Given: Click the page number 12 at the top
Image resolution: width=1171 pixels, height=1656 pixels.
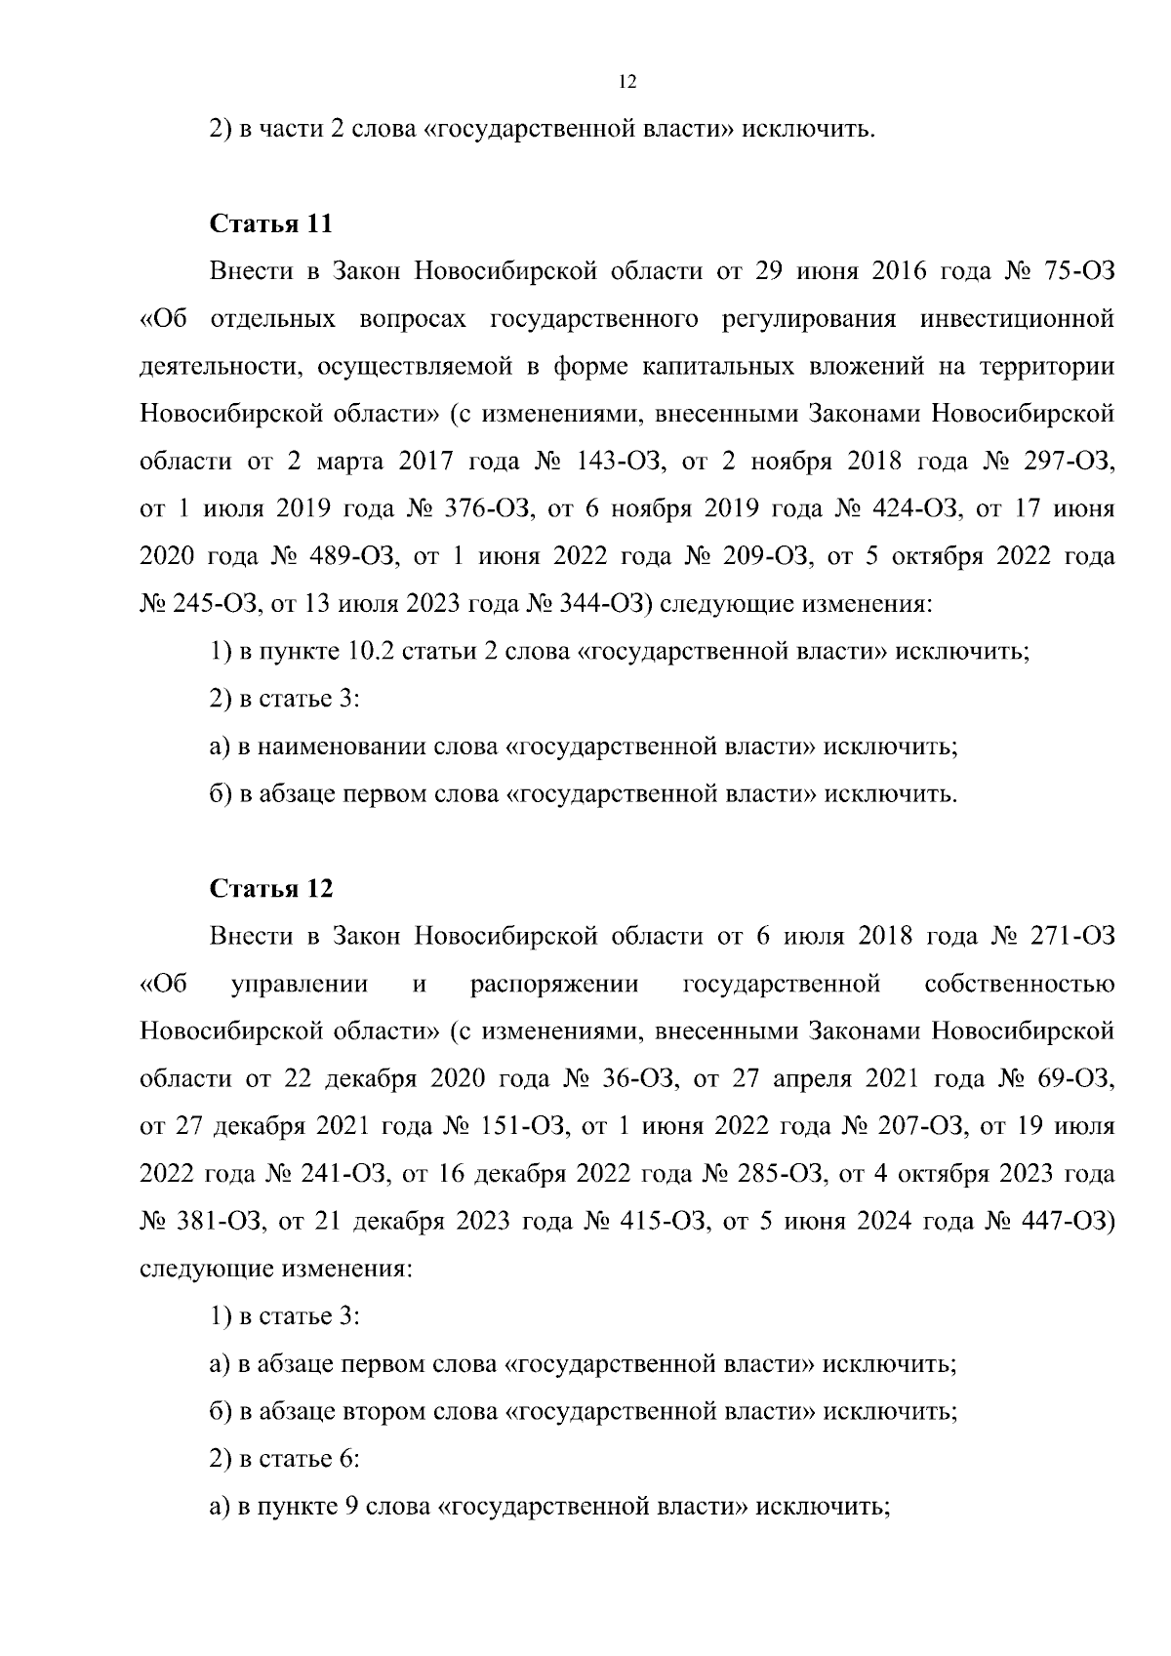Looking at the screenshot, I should pos(628,83).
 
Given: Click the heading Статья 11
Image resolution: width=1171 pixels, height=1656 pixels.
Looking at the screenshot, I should pos(271,223).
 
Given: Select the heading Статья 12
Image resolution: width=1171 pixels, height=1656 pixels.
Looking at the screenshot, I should pos(271,889).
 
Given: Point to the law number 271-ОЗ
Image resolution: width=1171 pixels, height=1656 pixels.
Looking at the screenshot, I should pos(1071,937).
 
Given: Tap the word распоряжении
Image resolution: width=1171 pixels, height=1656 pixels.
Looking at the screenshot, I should pos(554,984).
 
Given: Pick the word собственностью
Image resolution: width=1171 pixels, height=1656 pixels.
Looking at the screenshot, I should pos(1019,984).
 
